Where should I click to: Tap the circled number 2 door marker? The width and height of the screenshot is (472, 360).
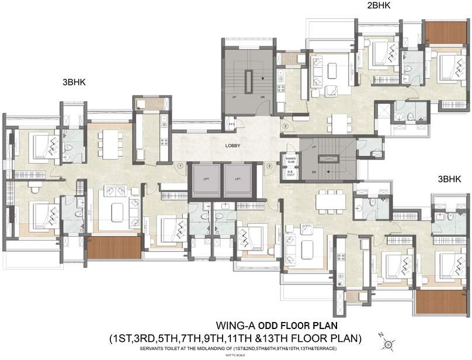286,126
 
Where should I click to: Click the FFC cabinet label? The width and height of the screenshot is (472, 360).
231,124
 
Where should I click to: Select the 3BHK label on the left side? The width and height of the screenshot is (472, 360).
74,82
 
